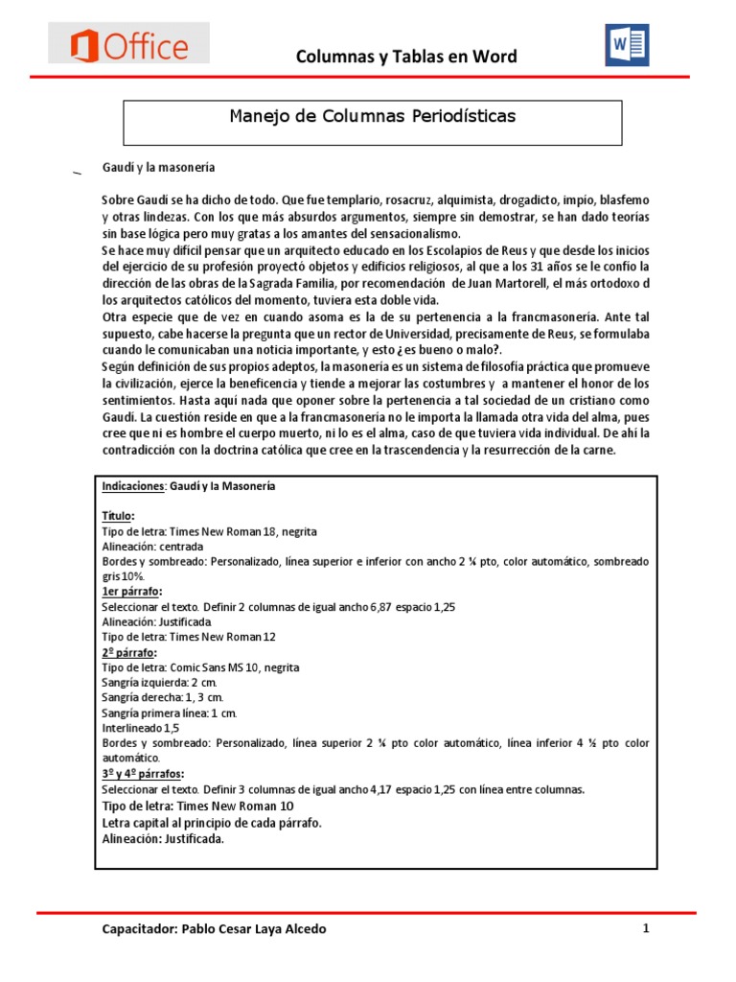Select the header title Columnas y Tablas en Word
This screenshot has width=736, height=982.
[x=405, y=57]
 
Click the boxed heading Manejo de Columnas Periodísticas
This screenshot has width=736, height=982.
[x=373, y=117]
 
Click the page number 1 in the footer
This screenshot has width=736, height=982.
[x=647, y=928]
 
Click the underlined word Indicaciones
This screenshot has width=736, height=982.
[x=133, y=486]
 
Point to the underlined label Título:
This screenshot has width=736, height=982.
[x=119, y=516]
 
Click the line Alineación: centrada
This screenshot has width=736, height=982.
[x=152, y=546]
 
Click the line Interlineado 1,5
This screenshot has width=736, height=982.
[x=140, y=728]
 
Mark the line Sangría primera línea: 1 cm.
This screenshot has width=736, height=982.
[x=169, y=713]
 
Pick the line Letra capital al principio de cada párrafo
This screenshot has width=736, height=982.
[x=212, y=823]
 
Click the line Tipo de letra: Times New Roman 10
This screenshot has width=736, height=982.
[x=190, y=807]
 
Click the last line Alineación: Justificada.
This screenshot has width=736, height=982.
[x=163, y=839]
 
